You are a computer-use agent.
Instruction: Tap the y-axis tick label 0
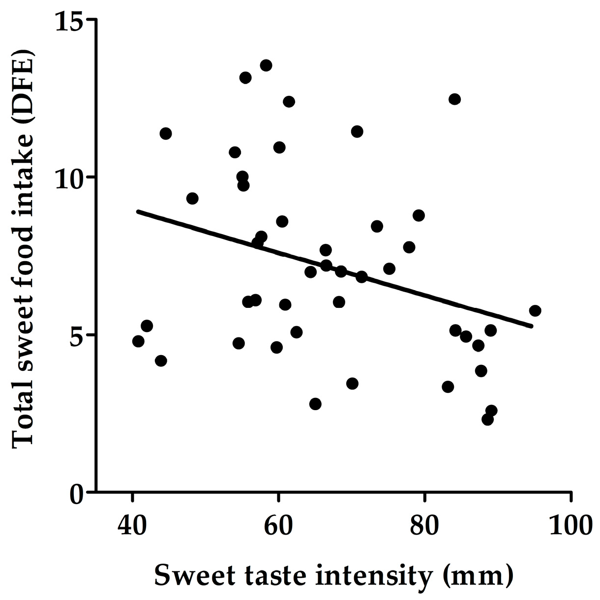(x=77, y=493)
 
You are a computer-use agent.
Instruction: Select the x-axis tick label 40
(x=132, y=525)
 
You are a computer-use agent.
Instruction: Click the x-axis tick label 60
(x=278, y=525)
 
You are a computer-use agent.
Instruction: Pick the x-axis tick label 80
(x=424, y=525)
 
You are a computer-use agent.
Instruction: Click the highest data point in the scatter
(x=266, y=65)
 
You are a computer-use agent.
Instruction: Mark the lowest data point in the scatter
(x=487, y=420)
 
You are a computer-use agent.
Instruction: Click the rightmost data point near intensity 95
(x=535, y=311)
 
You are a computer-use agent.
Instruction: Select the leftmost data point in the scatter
(x=138, y=341)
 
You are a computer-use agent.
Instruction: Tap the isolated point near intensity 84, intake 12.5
(x=455, y=99)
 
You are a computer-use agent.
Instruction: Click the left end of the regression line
(x=138, y=211)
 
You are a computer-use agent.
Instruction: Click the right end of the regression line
(x=532, y=326)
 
